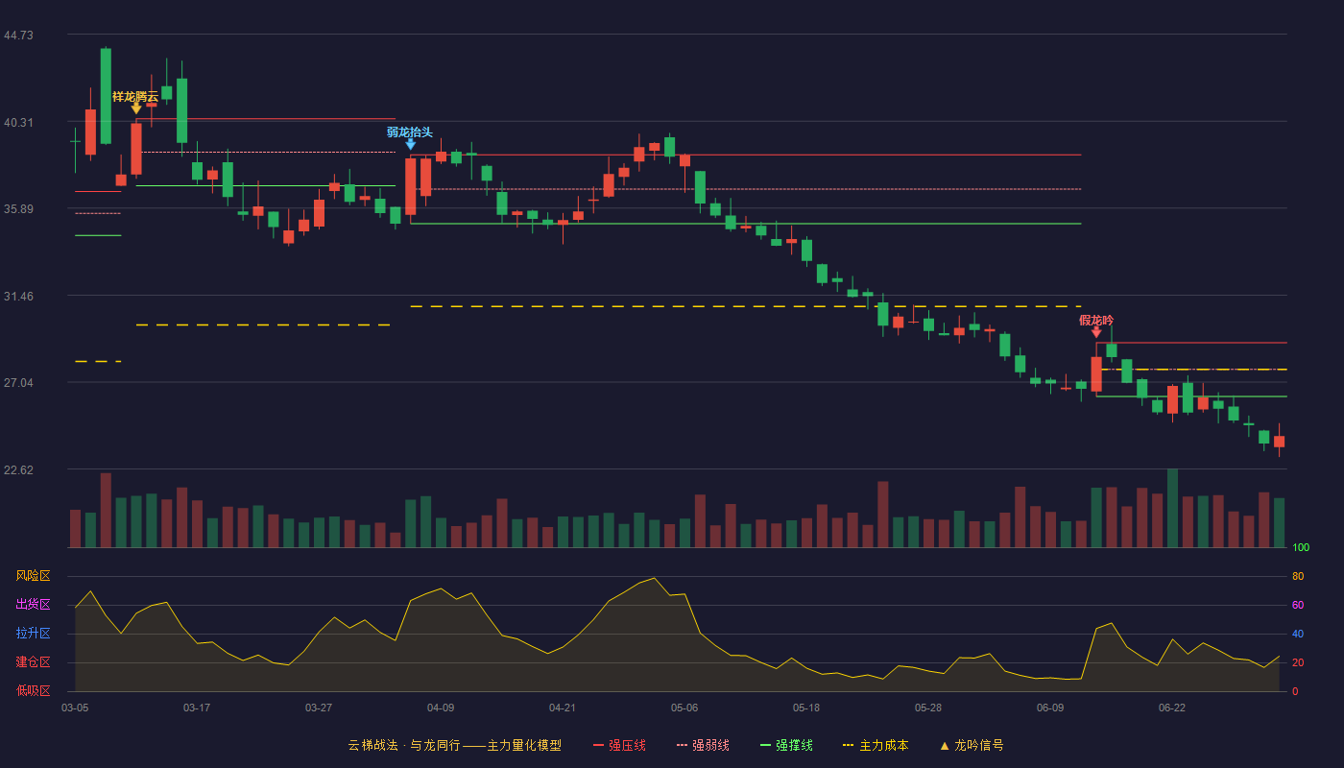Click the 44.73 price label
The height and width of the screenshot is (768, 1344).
18,36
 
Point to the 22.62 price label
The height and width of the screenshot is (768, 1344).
18,469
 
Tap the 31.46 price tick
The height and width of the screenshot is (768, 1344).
18,297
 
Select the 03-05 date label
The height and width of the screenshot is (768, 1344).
75,708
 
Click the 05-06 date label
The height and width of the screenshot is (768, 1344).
684,708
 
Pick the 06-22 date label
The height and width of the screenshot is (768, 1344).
1172,708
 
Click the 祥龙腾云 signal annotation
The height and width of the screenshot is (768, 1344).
135,97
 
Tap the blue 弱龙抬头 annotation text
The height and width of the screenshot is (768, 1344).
410,132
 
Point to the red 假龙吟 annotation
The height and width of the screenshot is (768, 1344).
1096,321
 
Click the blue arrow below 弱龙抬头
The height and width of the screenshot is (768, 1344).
411,144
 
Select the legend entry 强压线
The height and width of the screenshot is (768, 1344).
619,745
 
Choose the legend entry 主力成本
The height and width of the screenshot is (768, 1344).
876,745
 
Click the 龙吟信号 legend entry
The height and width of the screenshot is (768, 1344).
972,745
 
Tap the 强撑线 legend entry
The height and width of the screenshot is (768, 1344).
786,745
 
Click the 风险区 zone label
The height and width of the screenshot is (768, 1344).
33,576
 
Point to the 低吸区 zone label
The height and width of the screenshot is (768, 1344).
33,691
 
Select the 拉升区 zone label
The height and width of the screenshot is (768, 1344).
33,634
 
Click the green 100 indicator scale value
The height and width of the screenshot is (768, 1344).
1301,547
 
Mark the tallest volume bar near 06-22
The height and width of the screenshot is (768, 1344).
1172,508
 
